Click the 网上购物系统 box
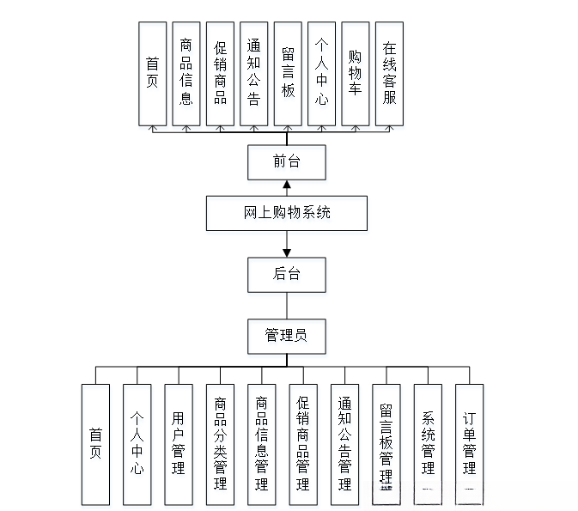[287, 213]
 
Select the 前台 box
[287, 161]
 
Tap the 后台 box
[287, 275]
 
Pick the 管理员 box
[287, 336]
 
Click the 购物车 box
[355, 74]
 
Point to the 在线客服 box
[389, 74]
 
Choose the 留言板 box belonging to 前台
[288, 74]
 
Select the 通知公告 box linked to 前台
[253, 74]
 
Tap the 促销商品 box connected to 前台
[220, 74]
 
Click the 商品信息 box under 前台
[186, 74]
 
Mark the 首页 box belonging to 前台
[152, 74]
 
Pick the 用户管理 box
[179, 443]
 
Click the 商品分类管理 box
[220, 443]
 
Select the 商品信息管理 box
[261, 443]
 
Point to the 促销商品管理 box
[302, 443]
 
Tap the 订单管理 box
[469, 443]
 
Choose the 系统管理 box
[428, 443]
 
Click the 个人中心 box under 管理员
[137, 443]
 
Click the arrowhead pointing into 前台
[287, 185]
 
